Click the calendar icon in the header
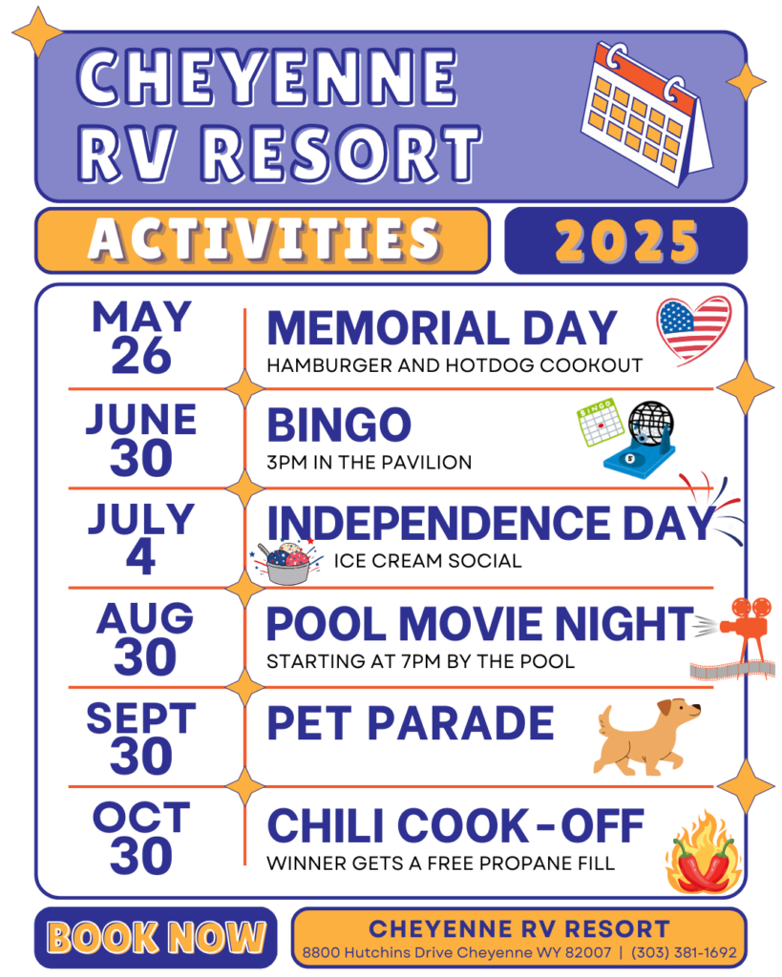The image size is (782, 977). click(x=647, y=114)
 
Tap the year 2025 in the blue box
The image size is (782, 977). click(x=626, y=241)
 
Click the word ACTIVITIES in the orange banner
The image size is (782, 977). click(x=264, y=239)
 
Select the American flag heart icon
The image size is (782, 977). click(x=693, y=329)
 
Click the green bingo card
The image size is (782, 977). click(x=600, y=423)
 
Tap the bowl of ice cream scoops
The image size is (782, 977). click(x=287, y=563)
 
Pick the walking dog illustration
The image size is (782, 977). click(x=646, y=737)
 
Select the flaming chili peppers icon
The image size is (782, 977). click(x=704, y=853)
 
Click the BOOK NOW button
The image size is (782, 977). click(x=156, y=937)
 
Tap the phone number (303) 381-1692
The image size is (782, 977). click(x=684, y=952)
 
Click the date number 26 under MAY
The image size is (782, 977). click(x=141, y=356)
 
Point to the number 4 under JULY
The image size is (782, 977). click(x=141, y=556)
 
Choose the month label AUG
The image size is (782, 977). click(x=145, y=618)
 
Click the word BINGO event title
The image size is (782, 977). click(x=339, y=425)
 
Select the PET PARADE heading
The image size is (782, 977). click(x=411, y=723)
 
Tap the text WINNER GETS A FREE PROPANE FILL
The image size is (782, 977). click(x=441, y=863)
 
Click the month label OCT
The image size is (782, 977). click(x=141, y=817)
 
